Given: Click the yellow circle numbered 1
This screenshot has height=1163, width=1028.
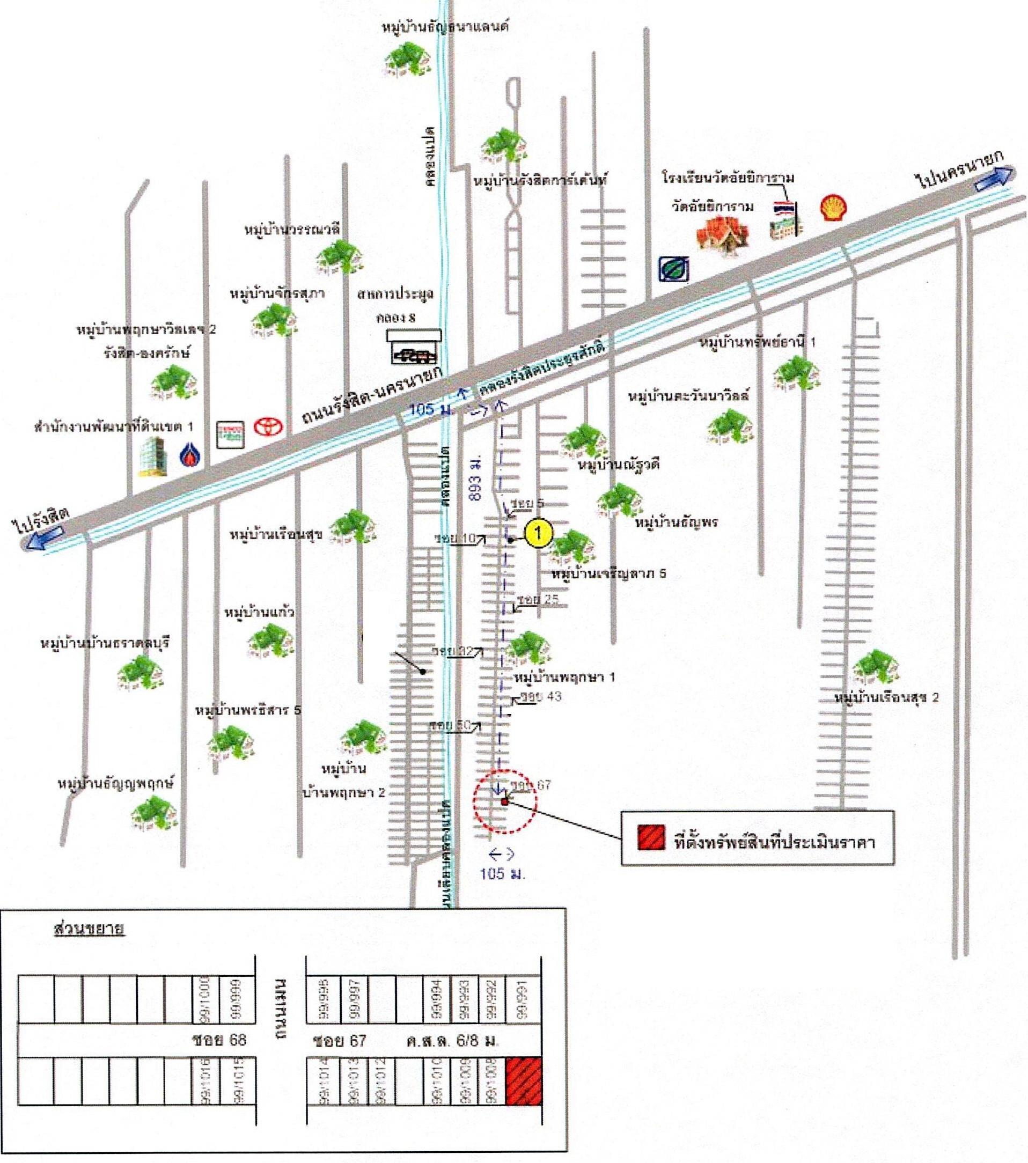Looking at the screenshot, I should pos(539,533).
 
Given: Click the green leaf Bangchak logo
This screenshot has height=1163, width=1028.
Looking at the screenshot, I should pos(673,269).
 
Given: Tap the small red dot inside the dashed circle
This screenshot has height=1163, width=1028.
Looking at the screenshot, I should pos(504,801).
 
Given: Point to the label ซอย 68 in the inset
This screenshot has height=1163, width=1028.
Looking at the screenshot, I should pos(220,1041).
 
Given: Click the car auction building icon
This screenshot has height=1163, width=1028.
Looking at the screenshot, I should pos(414,346).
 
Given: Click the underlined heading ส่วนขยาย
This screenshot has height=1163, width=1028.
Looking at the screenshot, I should pos(88,929).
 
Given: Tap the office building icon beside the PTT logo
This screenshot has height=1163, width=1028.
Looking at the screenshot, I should pos(153,457).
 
